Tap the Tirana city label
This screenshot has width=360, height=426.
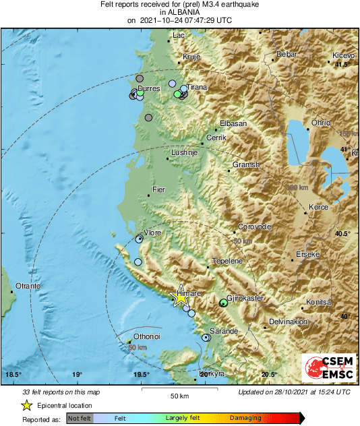[197, 88]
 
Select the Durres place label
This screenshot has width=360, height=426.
[148, 88]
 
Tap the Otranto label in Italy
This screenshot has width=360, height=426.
[28, 286]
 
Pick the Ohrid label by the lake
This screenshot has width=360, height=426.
[320, 123]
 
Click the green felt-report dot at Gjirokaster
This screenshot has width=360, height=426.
[224, 303]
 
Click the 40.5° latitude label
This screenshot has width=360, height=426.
[344, 233]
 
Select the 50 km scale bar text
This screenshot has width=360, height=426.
[179, 396]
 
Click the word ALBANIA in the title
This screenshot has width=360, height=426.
[179, 12]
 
